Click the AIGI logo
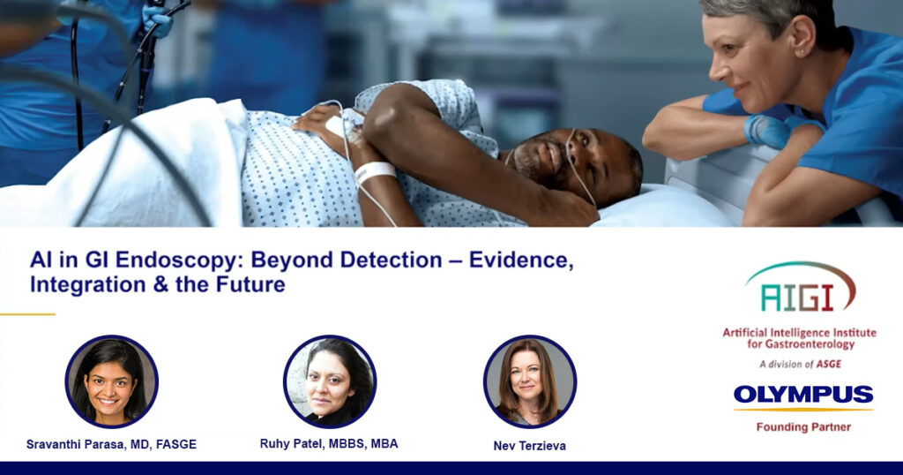[801, 288]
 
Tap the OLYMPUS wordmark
[802, 395]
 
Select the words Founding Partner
[803, 427]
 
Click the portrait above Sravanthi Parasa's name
[112, 381]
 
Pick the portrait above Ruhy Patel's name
[330, 381]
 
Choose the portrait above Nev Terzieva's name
[530, 381]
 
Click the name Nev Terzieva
[530, 446]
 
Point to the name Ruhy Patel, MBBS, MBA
[329, 444]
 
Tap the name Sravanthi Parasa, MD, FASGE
[111, 444]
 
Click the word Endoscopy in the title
[176, 260]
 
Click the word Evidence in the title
[521, 260]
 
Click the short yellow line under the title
[27, 314]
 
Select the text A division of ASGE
[800, 365]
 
